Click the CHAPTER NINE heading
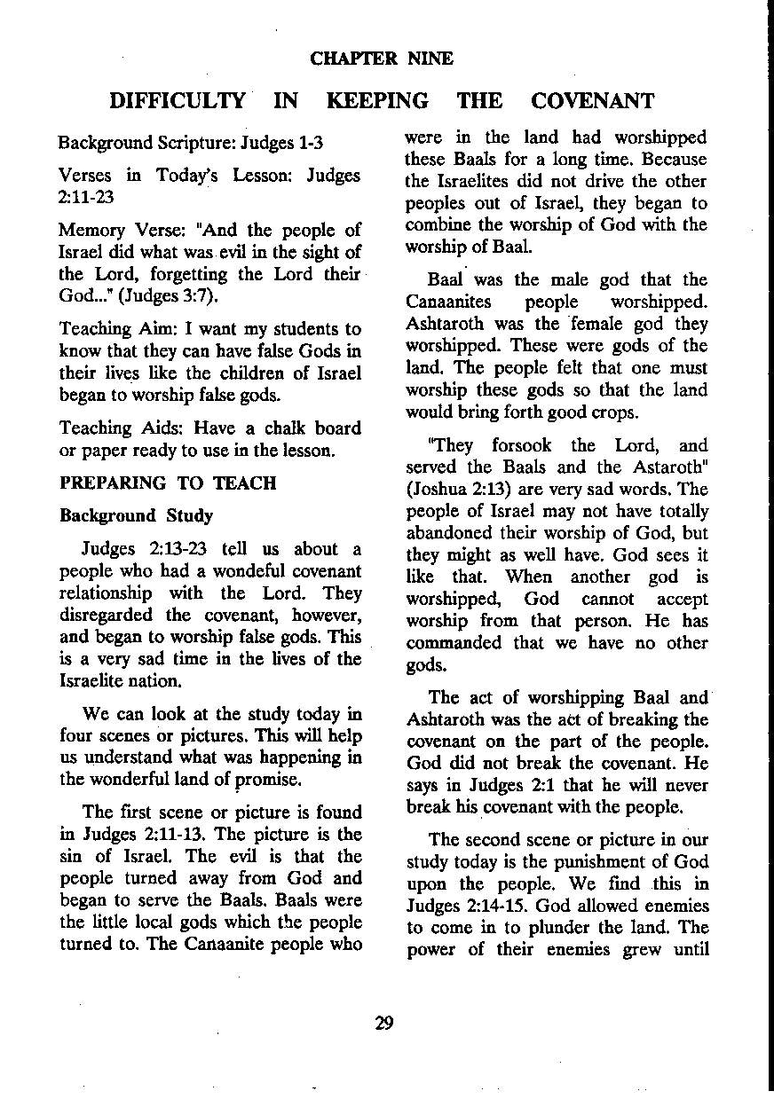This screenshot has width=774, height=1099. [x=382, y=59]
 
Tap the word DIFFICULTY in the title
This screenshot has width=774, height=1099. [x=178, y=101]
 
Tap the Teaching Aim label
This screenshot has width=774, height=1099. [x=113, y=330]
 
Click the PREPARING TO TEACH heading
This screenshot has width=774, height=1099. [x=168, y=483]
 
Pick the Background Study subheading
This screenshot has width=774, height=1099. [x=136, y=516]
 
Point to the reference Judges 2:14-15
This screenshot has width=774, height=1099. [x=461, y=906]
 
